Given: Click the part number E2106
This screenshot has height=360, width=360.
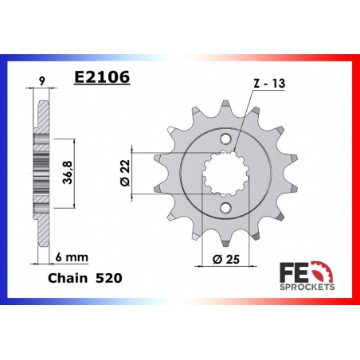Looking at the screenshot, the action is (x=102, y=77).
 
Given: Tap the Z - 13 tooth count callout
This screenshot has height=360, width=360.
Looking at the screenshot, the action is (x=269, y=84).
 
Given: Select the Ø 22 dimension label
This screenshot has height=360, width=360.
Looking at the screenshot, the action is (x=125, y=173).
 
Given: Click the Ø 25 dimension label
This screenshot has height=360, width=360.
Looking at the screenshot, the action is (x=226, y=259).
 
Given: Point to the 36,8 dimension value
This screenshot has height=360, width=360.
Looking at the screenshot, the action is (x=68, y=172).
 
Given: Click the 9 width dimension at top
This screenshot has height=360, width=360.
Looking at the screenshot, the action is (x=41, y=81).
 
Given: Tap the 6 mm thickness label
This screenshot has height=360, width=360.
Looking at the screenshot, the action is (x=72, y=257).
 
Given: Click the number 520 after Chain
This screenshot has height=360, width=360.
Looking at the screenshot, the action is (x=109, y=278).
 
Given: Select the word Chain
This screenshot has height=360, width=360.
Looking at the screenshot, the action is (x=68, y=278).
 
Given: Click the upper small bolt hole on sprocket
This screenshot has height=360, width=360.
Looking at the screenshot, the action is (x=225, y=139).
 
